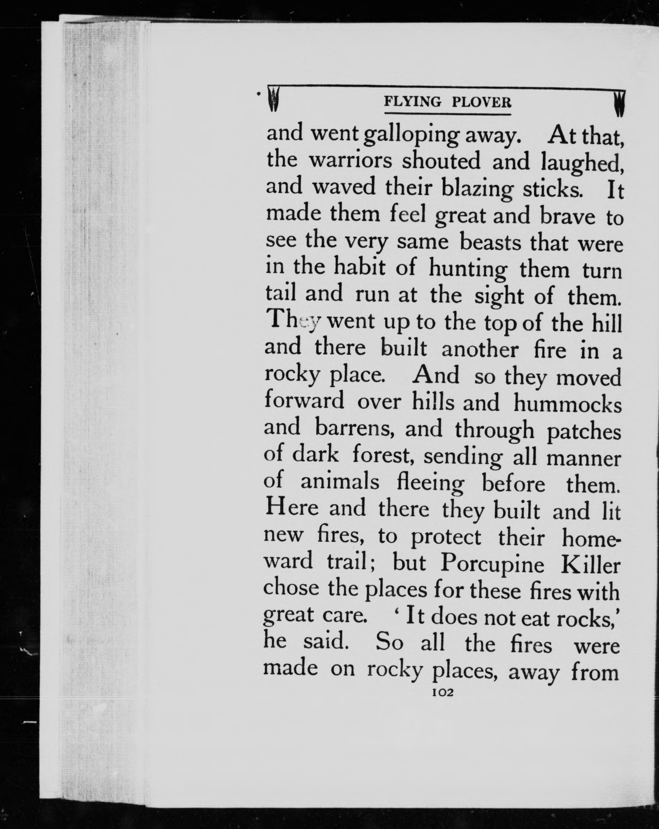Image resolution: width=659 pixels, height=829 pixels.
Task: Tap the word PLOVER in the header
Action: pyautogui.click(x=482, y=102)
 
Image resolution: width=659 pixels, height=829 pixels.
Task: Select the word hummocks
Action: pyautogui.click(x=568, y=404)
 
